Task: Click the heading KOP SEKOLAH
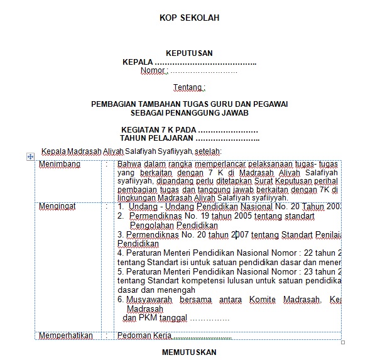[189, 18]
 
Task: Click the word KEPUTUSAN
[189, 53]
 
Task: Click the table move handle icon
[30, 156]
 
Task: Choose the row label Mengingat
[57, 206]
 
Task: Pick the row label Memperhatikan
[66, 335]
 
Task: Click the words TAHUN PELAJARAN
[156, 138]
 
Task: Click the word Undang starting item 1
[141, 206]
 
